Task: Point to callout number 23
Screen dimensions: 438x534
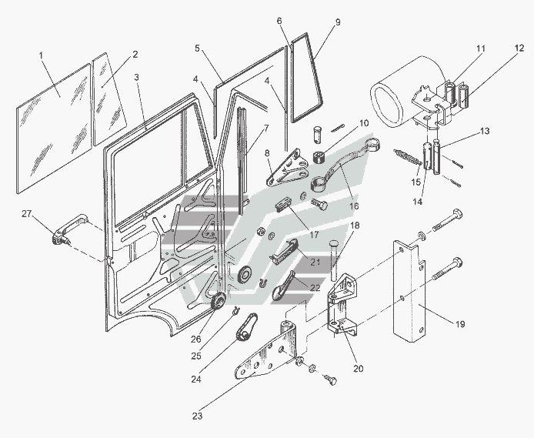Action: (x=198, y=416)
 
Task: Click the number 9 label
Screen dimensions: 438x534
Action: (x=337, y=23)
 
